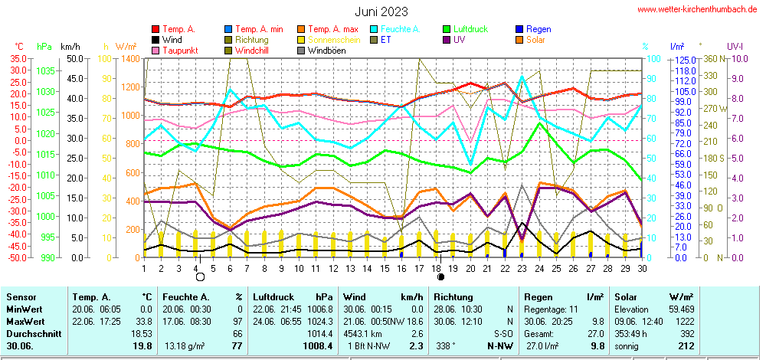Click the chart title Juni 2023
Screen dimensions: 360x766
pyautogui.click(x=381, y=11)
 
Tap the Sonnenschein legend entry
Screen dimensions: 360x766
pyautogui.click(x=335, y=40)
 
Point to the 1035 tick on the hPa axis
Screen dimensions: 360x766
pyautogui.click(x=46, y=70)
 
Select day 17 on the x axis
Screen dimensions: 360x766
pyautogui.click(x=419, y=268)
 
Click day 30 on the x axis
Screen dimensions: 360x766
pyautogui.click(x=642, y=268)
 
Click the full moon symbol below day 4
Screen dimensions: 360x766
pyautogui.click(x=200, y=277)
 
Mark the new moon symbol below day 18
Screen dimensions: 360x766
pyautogui.click(x=440, y=277)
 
